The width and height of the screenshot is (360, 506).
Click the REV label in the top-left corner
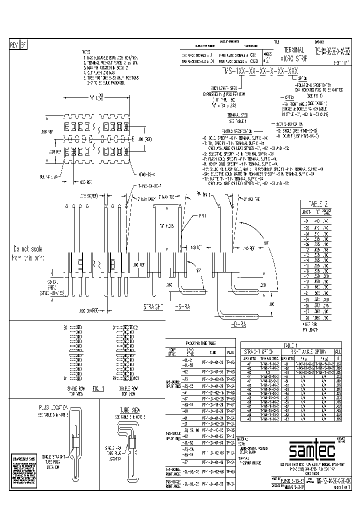point(14,45)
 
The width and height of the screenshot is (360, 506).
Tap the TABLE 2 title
point(312,204)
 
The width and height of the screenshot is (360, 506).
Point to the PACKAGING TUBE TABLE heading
point(196,344)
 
